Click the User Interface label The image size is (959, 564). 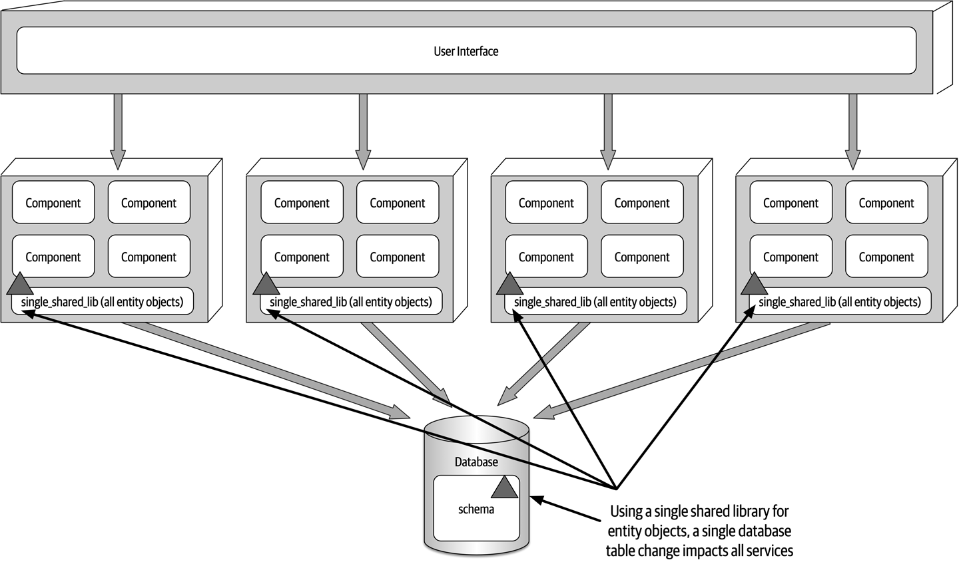point(466,51)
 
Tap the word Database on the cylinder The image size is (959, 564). point(476,462)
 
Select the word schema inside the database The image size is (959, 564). point(476,509)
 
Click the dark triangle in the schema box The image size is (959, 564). point(504,488)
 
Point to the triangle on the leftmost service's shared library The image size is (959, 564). point(19,285)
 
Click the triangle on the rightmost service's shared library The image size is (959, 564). point(754,285)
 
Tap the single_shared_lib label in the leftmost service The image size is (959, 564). point(102,302)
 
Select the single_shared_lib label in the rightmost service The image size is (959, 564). point(839,302)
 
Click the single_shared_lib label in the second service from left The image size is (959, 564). point(350,302)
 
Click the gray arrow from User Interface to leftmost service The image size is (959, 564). point(118,130)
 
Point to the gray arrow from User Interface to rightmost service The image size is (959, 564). point(852,130)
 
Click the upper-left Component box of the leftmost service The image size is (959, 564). point(53,203)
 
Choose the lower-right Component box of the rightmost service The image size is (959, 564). point(886,257)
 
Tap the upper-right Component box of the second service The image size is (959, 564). point(398,203)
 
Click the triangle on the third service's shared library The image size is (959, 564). point(510,285)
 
